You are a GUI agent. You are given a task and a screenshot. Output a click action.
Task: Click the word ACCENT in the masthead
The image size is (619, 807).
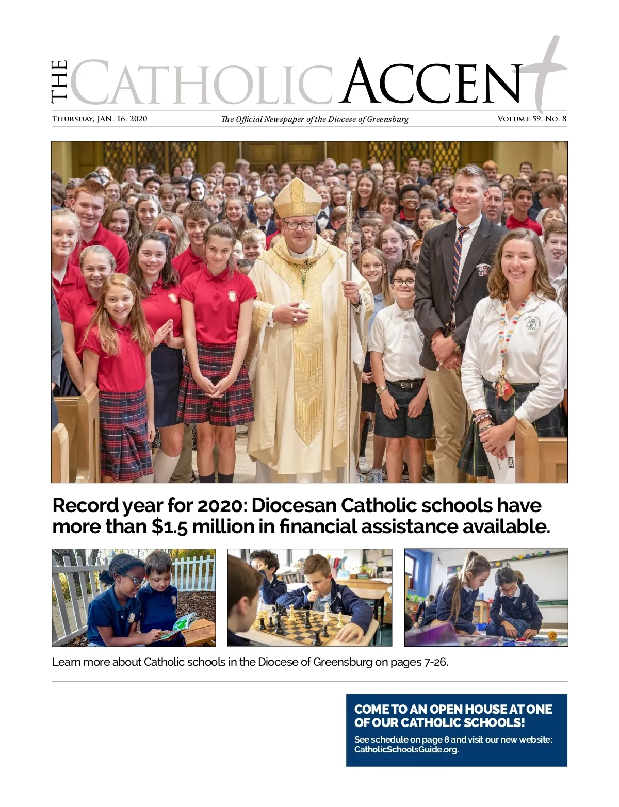coord(433,83)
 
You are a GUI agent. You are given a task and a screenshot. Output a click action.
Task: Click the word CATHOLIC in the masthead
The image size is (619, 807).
coord(201,83)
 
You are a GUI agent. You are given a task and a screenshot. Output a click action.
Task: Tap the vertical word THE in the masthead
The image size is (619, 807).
coord(59,81)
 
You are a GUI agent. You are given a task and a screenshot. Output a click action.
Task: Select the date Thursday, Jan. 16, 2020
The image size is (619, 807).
coord(100,119)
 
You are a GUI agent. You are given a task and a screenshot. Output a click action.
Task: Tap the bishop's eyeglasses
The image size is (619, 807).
coord(298,225)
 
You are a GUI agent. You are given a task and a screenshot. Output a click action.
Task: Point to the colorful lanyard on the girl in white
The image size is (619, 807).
coord(508,335)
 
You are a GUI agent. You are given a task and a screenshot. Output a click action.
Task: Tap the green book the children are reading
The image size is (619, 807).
coord(181,624)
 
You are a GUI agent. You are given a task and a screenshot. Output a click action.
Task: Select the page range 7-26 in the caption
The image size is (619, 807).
coord(435,662)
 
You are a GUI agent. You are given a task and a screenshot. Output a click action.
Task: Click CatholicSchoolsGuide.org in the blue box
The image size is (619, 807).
coord(406,749)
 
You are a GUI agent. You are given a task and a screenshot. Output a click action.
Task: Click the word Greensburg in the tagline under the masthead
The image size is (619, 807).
coord(387,119)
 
